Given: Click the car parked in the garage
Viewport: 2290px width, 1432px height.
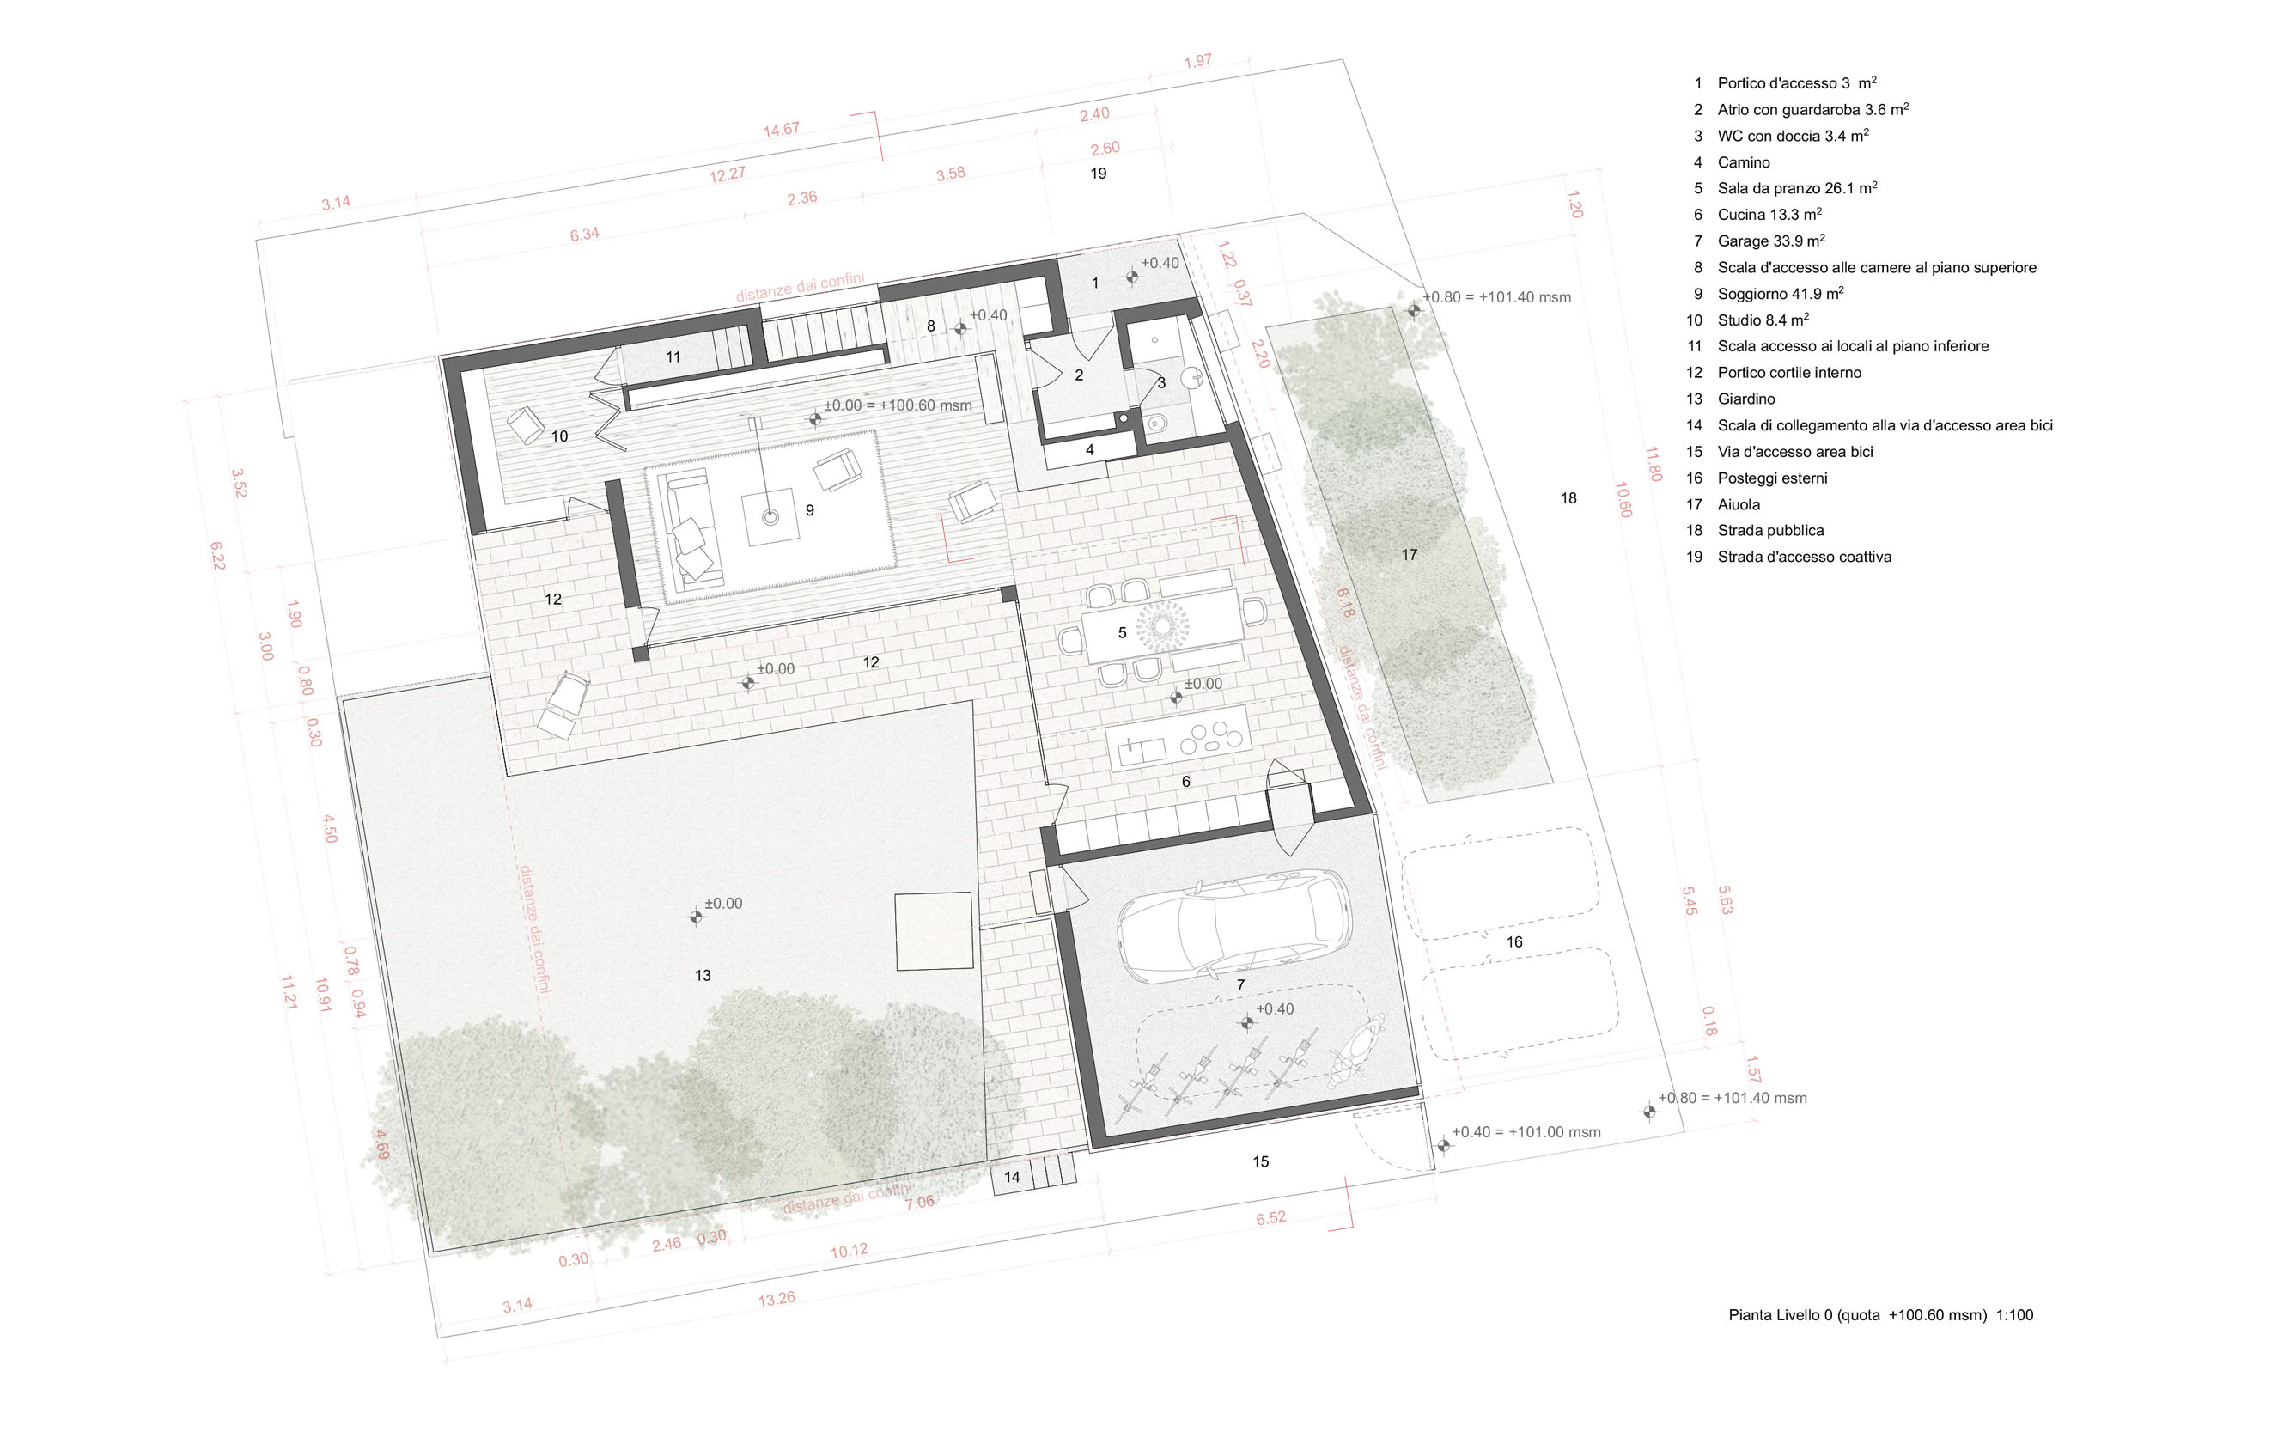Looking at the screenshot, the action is [1235, 925].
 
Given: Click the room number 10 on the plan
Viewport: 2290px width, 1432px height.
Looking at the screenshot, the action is [560, 436].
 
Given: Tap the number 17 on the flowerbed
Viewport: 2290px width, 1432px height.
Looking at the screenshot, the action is [1410, 555].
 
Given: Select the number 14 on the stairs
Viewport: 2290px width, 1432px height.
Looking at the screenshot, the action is [1013, 1177].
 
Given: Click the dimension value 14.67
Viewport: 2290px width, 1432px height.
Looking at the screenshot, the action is [782, 130].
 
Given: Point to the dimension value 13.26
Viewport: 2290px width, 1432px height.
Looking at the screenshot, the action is [777, 1300].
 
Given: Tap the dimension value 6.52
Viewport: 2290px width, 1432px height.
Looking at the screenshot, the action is [1271, 1218].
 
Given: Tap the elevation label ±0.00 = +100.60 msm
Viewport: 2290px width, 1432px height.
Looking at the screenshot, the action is [898, 405].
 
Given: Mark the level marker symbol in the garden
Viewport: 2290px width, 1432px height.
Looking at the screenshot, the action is [696, 917].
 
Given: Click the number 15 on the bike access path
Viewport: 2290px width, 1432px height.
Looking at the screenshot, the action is [1261, 1162].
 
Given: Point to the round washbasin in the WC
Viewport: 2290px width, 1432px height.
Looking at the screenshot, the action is [1195, 378].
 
